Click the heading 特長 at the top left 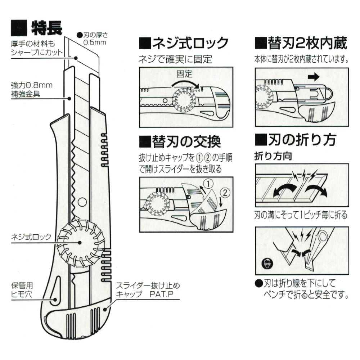pyautogui.click(x=47, y=27)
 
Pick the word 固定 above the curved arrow pyautogui.click(x=185, y=75)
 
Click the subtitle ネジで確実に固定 pyautogui.click(x=175, y=58)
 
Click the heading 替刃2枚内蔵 pyautogui.click(x=301, y=43)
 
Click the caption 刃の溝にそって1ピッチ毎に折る pyautogui.click(x=301, y=216)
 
